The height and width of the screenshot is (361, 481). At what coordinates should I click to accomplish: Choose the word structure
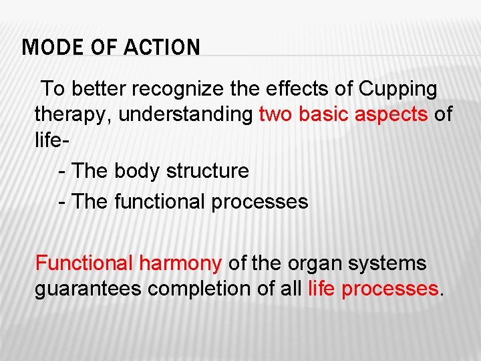click(x=207, y=170)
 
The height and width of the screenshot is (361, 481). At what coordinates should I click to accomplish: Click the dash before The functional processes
click(x=62, y=201)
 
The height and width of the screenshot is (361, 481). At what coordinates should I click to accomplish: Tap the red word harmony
click(x=180, y=263)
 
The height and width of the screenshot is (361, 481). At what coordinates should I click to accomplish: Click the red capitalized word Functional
click(x=84, y=263)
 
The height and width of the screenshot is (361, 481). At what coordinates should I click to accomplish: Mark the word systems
click(x=387, y=263)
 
